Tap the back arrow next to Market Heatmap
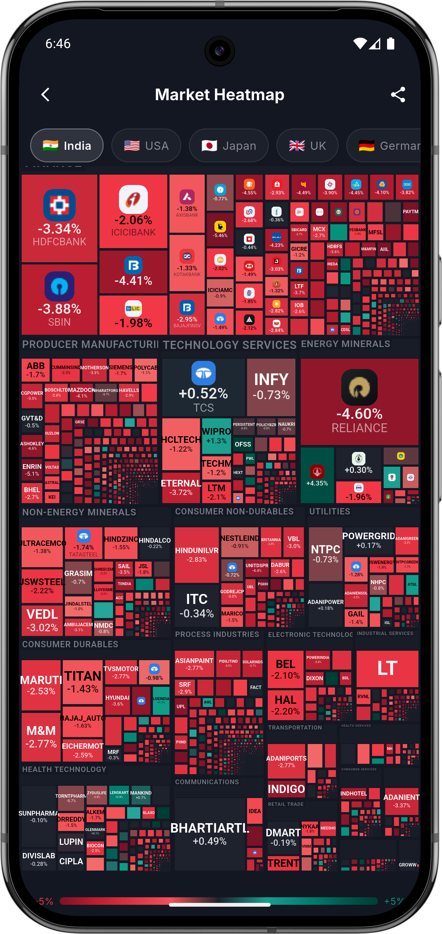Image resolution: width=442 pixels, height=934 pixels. [45, 95]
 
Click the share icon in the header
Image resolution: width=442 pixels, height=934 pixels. [398, 95]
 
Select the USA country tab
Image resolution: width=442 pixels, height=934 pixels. [146, 146]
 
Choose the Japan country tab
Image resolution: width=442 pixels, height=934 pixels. [229, 146]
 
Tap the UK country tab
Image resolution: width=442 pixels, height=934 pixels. [307, 146]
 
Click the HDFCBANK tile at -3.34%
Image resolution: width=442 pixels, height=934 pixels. [59, 218]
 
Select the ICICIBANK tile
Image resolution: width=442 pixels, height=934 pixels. [133, 211]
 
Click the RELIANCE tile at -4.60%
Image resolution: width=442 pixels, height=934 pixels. [359, 402]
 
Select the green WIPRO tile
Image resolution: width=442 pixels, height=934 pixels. [216, 436]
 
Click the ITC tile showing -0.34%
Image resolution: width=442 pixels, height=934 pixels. [197, 605]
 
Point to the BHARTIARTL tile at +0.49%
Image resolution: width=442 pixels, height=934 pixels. [210, 834]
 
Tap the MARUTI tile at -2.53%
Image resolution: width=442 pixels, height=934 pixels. [41, 685]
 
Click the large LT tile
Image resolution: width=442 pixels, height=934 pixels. [387, 669]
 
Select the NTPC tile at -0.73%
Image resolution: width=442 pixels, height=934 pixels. [325, 554]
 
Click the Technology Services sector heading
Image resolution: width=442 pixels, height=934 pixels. [229, 345]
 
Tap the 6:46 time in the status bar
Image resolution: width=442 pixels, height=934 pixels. [58, 44]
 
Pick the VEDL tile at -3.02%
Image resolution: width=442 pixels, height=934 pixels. [42, 620]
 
